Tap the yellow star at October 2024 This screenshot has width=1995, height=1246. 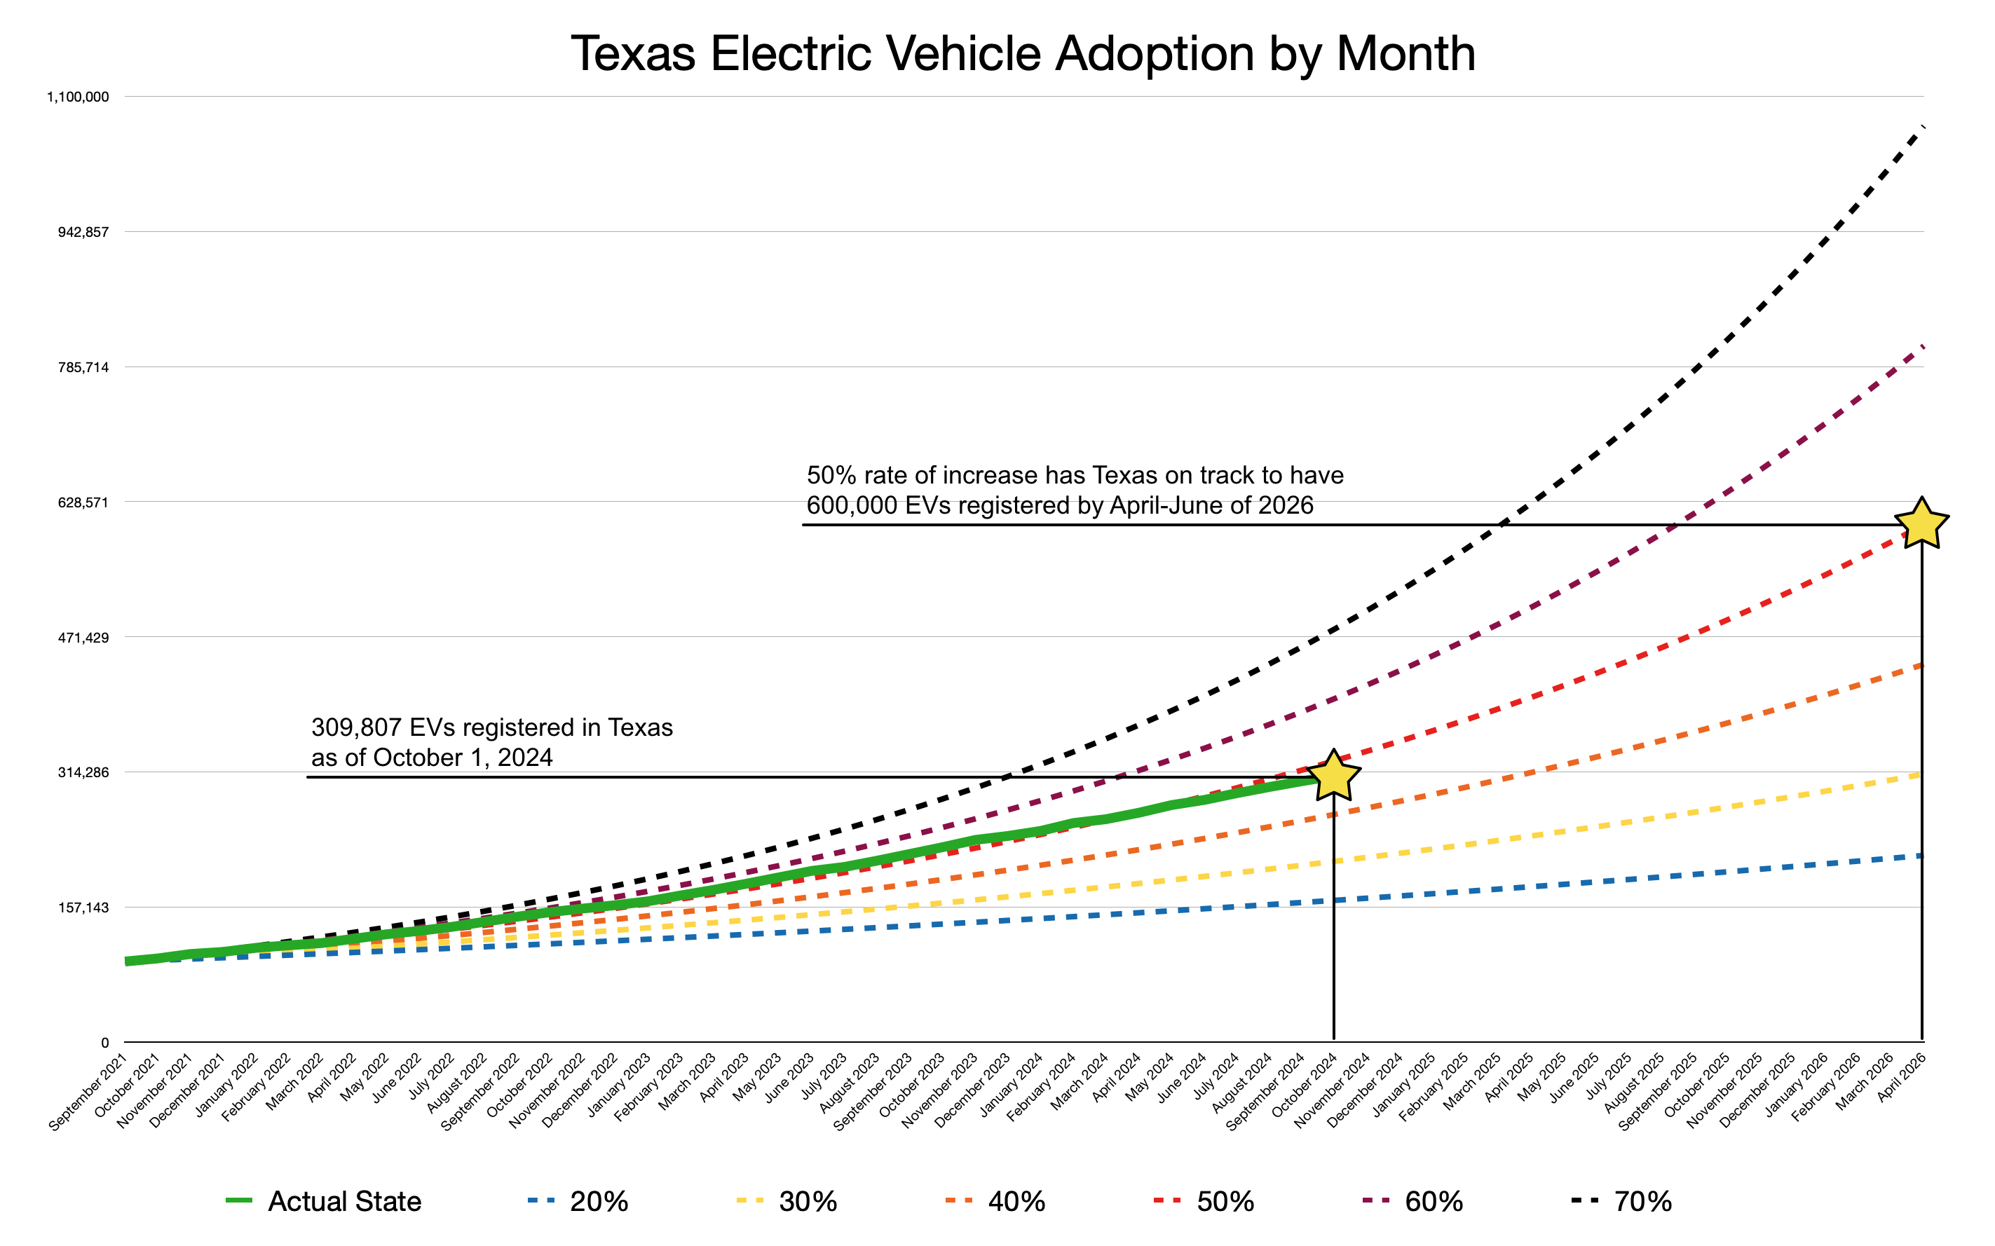pyautogui.click(x=1333, y=777)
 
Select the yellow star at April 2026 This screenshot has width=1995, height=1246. pyautogui.click(x=1921, y=524)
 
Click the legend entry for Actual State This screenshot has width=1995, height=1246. pyautogui.click(x=343, y=1201)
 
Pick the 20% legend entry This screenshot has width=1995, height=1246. pyautogui.click(x=598, y=1201)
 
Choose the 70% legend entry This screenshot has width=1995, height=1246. pyautogui.click(x=1642, y=1201)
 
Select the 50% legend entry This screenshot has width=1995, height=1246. pyautogui.click(x=1225, y=1201)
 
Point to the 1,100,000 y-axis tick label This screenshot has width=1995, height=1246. pyautogui.click(x=78, y=97)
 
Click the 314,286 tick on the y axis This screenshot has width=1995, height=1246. pyautogui.click(x=83, y=773)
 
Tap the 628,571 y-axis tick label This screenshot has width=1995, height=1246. pyautogui.click(x=83, y=502)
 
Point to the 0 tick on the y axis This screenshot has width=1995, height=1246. pyautogui.click(x=104, y=1043)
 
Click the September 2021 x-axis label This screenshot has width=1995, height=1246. pyautogui.click(x=88, y=1093)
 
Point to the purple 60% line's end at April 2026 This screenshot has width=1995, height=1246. pyautogui.click(x=1920, y=348)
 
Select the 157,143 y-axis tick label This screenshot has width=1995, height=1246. pyautogui.click(x=83, y=908)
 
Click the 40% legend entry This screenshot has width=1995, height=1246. pyautogui.click(x=1016, y=1201)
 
